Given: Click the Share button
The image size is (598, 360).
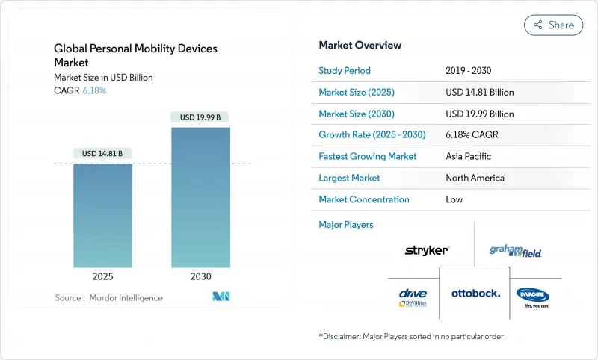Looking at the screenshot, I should coord(554,25).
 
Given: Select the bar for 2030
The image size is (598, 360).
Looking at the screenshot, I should coord(200,197).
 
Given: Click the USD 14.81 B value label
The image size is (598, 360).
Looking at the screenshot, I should coord(102,153).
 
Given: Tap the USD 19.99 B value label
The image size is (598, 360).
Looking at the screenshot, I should coord(200,117).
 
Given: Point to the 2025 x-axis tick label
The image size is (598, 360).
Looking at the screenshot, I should coord(102,276).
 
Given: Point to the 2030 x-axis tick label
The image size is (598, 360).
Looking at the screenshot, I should coord(200,276).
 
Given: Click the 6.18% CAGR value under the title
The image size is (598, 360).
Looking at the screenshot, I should coord(93,90).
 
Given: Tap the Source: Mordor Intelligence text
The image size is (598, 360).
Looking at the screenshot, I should coord(108,297).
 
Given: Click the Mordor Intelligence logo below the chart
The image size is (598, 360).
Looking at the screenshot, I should coord(221,297).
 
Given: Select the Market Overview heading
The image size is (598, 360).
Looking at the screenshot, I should coord(360,45).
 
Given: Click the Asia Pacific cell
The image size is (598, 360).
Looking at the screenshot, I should coord(469,157).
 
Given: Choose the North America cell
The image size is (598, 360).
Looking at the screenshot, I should coord(475,178).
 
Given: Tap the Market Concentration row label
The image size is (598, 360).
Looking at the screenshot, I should coord(364,199).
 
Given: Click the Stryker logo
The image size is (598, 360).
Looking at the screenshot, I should coord(426,250).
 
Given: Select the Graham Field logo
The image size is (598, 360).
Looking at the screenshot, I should coord(515,251).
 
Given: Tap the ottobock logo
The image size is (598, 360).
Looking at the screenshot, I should coord(475,293).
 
